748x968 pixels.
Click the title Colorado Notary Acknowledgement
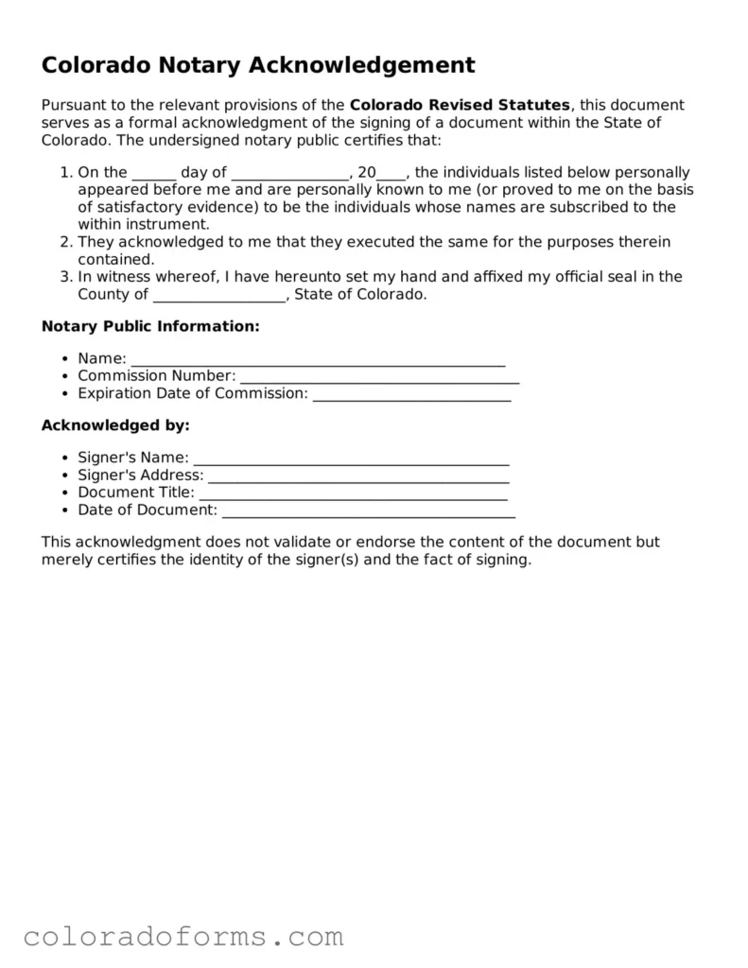(257, 65)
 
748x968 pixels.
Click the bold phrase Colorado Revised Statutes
(460, 105)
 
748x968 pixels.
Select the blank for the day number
(153, 174)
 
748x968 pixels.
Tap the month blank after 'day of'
(289, 174)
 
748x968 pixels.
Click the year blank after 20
(391, 174)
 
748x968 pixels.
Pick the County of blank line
(218, 295)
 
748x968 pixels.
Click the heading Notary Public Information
(150, 327)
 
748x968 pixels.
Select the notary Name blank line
(318, 360)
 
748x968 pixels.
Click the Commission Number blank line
(379, 377)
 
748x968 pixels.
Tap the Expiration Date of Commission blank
(411, 394)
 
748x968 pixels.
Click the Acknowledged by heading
(115, 425)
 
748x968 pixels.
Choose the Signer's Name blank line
(351, 459)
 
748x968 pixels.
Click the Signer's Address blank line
(358, 476)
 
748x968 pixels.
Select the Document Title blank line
(354, 493)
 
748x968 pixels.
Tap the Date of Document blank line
(368, 511)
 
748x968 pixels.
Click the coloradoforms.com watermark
(183, 937)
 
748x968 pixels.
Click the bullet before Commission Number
(63, 376)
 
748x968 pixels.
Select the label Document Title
(136, 493)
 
